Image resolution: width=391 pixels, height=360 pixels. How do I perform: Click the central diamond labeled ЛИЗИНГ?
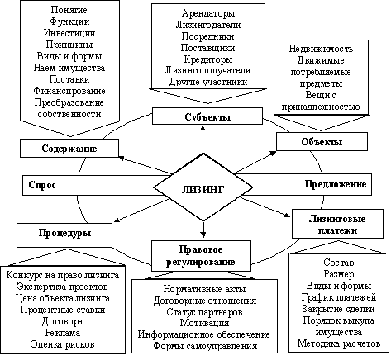tap(203, 187)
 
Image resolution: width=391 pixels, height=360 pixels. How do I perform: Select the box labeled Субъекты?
tap(207, 116)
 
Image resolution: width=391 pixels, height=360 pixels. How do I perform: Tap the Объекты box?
tap(322, 142)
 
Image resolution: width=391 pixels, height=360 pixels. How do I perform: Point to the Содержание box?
tap(69, 149)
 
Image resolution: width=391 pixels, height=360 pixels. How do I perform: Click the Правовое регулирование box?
tap(201, 256)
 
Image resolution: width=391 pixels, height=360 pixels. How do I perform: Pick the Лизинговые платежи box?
tap(337, 224)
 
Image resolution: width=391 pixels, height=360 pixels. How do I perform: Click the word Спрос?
tap(42, 185)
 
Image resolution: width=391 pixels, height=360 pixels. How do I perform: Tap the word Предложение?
tap(336, 184)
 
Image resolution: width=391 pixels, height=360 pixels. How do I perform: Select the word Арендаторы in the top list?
tap(208, 13)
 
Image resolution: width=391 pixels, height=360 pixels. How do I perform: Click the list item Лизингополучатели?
tap(207, 70)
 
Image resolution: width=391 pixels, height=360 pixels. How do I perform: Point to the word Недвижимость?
tap(321, 49)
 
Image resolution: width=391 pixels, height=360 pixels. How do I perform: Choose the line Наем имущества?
tap(69, 68)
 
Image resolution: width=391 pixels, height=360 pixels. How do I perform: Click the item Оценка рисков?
tap(62, 344)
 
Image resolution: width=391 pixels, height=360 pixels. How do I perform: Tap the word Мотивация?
tap(204, 323)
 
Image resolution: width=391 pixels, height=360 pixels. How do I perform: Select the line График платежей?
tap(339, 297)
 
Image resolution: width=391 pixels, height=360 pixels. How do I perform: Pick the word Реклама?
tap(63, 333)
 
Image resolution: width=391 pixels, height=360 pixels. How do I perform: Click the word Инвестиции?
tap(69, 33)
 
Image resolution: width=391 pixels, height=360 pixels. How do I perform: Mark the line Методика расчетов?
tap(339, 343)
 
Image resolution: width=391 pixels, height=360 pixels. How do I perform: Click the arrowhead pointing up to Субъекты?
tap(203, 128)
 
